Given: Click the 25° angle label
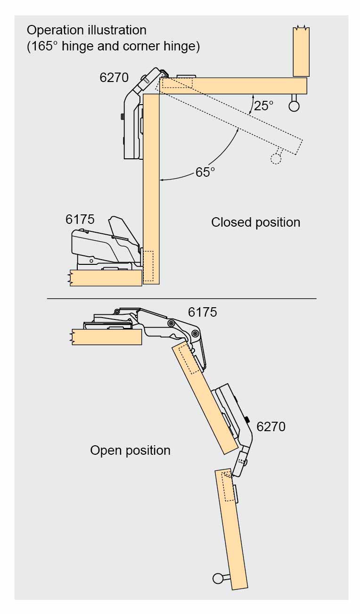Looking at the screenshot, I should pos(263,106).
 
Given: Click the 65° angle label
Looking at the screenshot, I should pos(205,172).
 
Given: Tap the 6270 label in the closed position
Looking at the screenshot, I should pos(114,78).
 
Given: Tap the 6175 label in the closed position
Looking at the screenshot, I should pos(80,219).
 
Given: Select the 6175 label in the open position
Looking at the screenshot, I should pos(202,312).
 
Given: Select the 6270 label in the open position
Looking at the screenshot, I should pos(271,427).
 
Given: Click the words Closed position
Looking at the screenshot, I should pos(255,222).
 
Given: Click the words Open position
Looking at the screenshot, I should pos(130,450).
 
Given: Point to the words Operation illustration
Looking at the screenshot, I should pos(87,30).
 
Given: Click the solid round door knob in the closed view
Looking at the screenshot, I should pos(294,106).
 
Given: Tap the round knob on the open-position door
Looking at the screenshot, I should pos(218,578).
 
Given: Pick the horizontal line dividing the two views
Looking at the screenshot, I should pos(181,298).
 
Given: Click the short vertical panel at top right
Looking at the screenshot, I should pos(301,51).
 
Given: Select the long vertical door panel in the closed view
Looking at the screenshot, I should pos(151,188).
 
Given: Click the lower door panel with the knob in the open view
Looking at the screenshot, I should pos(232,528).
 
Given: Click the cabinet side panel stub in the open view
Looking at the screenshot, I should pos(106,337).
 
